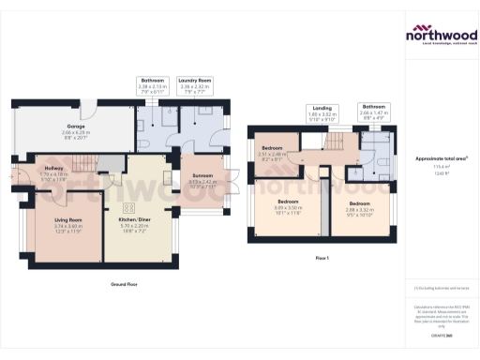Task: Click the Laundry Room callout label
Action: pyautogui.click(x=199, y=82)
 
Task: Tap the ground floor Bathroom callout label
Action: pyautogui.click(x=153, y=82)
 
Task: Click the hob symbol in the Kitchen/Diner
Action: pyautogui.click(x=129, y=207)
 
